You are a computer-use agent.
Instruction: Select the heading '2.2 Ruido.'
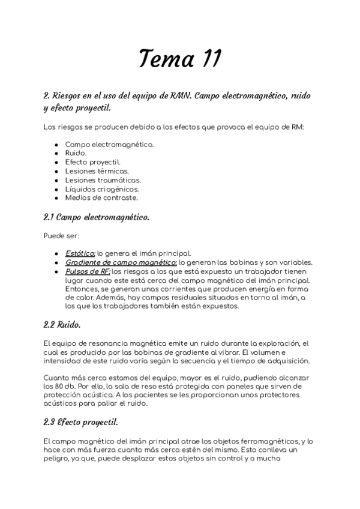point(62,325)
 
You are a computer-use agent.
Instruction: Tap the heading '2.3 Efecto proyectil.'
point(80,422)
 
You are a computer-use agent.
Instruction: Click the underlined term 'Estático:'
point(80,254)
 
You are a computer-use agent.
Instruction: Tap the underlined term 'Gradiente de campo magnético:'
point(121,263)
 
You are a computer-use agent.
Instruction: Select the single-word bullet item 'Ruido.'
point(76,153)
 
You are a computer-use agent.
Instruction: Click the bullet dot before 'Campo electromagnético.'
point(56,145)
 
